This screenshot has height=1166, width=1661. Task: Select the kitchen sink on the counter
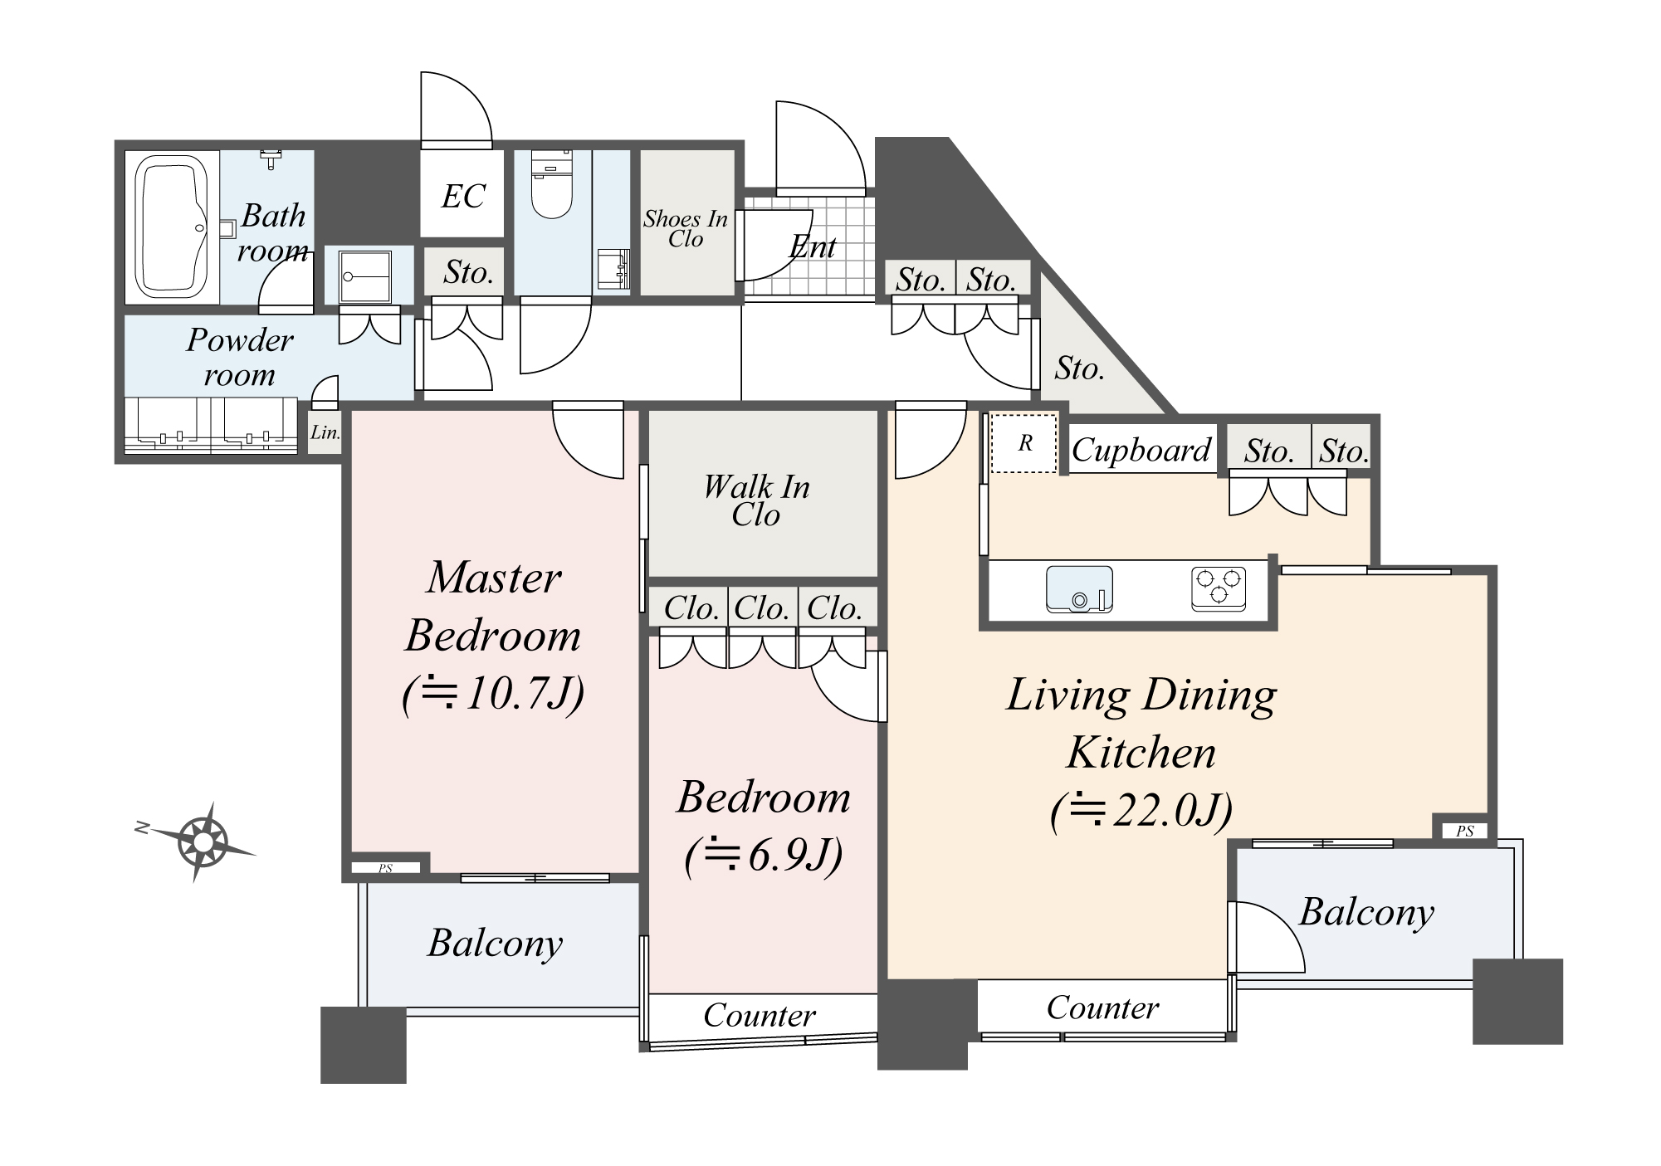[x=1078, y=588]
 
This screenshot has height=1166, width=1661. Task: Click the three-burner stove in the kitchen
[x=1219, y=588]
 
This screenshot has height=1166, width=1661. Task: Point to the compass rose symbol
[x=202, y=842]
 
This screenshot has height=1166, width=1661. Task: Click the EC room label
[x=462, y=197]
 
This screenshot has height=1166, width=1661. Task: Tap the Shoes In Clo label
[x=686, y=229]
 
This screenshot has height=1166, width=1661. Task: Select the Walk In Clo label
[x=756, y=500]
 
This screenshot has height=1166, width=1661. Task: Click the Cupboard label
[x=1141, y=451]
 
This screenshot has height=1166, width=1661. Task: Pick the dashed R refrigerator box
[x=1024, y=443]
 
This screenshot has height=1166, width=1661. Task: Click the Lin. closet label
[x=325, y=432]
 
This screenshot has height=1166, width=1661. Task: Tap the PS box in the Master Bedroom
[x=385, y=868]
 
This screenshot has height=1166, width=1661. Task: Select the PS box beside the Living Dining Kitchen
[x=1464, y=831]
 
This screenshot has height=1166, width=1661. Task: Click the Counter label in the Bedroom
[x=759, y=1016]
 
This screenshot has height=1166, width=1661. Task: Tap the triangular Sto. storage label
[x=1079, y=368]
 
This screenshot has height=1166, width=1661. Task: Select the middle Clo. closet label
[x=761, y=608]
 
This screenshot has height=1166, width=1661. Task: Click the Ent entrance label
[x=812, y=247]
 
